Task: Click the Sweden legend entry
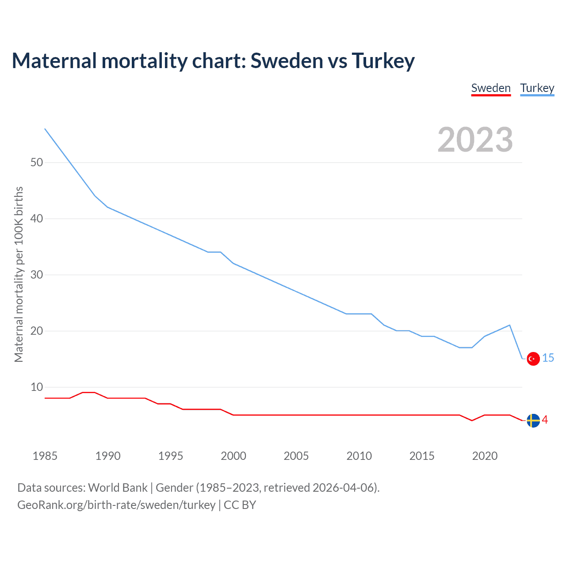point(491,88)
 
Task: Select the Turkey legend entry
point(537,88)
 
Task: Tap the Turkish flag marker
point(533,359)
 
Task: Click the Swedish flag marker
point(533,421)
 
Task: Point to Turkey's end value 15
point(548,358)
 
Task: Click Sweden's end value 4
point(545,420)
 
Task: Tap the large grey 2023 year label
point(475,140)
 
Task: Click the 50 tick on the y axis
point(37,162)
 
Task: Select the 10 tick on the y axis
point(37,387)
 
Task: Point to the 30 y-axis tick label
point(37,275)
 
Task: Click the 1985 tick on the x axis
point(45,456)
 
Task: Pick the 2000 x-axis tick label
point(233,456)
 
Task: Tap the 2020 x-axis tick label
point(485,456)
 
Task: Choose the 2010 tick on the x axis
point(359,456)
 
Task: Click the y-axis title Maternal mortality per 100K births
point(19,274)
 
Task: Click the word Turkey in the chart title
point(383,61)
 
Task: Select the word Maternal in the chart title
point(54,61)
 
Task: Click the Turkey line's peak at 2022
point(510,325)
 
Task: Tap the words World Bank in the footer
point(118,488)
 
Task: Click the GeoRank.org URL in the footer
point(116,505)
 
